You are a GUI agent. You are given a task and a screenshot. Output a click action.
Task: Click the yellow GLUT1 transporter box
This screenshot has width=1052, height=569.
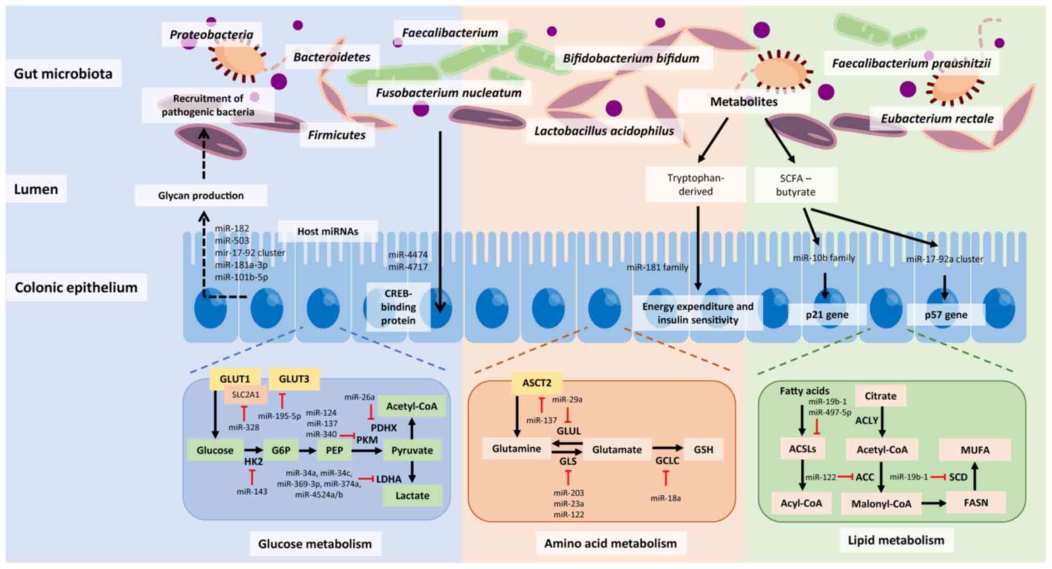[x=235, y=379]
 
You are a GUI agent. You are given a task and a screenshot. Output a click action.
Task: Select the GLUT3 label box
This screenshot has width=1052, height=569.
[x=294, y=379]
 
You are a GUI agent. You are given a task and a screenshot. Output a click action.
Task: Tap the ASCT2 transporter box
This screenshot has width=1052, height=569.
[x=537, y=383]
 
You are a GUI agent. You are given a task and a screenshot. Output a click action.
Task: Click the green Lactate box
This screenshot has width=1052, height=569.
[x=412, y=495]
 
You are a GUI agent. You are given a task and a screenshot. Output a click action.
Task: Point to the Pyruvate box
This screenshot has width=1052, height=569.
[x=412, y=450]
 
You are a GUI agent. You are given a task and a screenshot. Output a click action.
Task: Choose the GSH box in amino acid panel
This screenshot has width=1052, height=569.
[x=703, y=449]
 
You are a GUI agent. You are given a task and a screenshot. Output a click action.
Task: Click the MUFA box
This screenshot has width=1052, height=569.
[x=975, y=450]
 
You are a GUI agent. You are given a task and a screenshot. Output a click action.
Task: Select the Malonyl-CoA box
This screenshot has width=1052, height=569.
[x=881, y=503]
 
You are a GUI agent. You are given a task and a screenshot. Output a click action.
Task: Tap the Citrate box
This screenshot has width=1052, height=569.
[x=880, y=396]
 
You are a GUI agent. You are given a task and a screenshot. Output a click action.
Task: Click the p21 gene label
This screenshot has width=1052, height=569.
[x=827, y=315]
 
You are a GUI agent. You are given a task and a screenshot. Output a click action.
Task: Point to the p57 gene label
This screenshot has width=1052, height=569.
[x=946, y=315]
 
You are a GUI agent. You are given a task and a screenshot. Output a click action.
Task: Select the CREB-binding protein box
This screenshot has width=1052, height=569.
[x=398, y=307]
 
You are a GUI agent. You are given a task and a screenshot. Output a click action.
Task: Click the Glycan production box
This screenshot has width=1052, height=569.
[x=201, y=195]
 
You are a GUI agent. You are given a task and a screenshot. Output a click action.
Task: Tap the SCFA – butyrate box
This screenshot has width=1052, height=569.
[x=795, y=185]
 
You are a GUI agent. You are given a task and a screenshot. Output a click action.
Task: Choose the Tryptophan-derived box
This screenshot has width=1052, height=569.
[x=695, y=184]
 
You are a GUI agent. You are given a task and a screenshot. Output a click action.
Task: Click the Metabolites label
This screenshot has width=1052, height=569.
[x=743, y=102]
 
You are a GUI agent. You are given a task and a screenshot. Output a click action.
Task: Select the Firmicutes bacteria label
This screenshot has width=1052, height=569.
[x=337, y=135]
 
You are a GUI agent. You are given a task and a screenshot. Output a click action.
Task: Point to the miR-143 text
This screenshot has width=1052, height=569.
[x=252, y=491]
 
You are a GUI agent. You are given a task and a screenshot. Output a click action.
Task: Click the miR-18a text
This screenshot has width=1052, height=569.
[x=666, y=498]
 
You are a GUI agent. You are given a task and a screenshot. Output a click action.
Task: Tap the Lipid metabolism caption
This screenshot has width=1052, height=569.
[x=896, y=540]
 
